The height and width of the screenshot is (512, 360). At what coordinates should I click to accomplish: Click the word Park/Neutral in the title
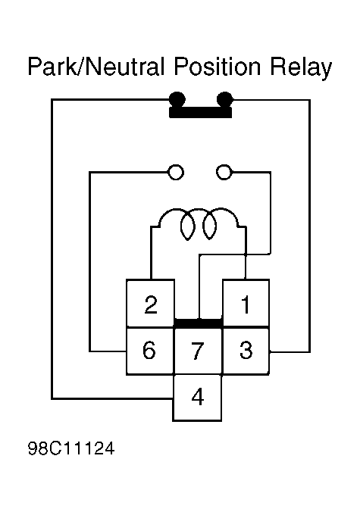click(x=96, y=67)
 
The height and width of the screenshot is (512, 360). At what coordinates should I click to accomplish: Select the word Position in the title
click(x=217, y=67)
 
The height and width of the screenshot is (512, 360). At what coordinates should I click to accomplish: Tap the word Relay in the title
click(x=301, y=69)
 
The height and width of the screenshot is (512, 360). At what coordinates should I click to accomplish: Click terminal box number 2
click(x=150, y=303)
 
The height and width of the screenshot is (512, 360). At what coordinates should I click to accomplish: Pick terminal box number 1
click(x=246, y=303)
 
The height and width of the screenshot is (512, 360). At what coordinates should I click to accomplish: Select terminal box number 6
click(x=150, y=351)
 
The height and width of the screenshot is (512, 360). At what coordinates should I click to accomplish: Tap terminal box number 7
click(x=198, y=351)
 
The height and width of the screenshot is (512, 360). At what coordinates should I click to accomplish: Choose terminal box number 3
click(x=246, y=351)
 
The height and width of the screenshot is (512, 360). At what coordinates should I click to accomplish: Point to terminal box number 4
click(x=197, y=398)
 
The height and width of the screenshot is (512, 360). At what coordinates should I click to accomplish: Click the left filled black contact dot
click(x=177, y=99)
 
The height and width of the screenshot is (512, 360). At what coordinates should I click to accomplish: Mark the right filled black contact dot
click(x=225, y=99)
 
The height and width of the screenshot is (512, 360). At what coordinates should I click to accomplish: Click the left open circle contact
click(x=175, y=172)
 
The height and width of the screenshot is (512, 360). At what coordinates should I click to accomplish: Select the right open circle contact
click(x=224, y=172)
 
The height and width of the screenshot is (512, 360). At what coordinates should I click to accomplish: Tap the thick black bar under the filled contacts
click(x=200, y=112)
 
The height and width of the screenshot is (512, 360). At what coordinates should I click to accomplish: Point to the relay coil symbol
click(x=199, y=224)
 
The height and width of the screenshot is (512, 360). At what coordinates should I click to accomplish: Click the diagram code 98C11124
click(x=71, y=448)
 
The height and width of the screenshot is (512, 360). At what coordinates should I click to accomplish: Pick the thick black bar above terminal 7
click(x=199, y=323)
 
